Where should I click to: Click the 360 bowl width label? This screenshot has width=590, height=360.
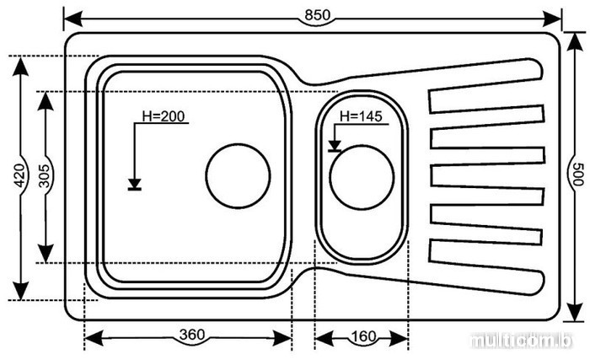point(192,336)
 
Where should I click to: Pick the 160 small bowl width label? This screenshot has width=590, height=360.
point(362,336)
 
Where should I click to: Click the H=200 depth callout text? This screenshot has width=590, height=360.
point(162,116)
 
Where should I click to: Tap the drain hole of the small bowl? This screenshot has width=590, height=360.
point(362,176)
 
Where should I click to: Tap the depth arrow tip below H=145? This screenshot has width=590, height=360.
point(335,146)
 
